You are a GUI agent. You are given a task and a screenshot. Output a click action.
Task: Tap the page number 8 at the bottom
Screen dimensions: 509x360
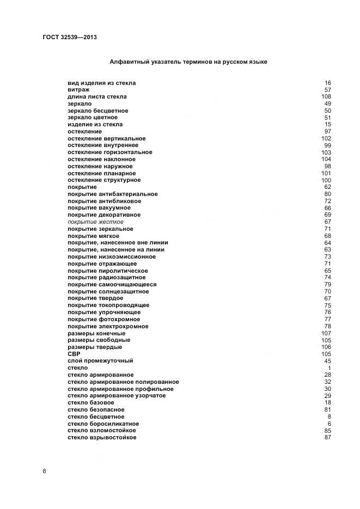click(x=44, y=471)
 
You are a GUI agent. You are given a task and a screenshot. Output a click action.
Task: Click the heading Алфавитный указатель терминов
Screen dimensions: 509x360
click(x=188, y=62)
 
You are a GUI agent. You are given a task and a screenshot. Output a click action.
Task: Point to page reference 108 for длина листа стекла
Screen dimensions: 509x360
click(x=326, y=97)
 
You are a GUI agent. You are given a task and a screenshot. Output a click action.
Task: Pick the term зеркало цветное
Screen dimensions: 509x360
click(x=93, y=118)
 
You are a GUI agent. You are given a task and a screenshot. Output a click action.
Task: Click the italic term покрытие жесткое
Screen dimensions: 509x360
click(x=95, y=222)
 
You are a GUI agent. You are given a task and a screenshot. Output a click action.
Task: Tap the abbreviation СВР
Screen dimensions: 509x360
click(x=74, y=354)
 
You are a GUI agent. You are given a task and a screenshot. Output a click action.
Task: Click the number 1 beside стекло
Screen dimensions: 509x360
click(x=330, y=368)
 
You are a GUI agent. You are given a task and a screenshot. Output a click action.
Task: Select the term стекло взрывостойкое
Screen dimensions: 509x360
click(x=102, y=438)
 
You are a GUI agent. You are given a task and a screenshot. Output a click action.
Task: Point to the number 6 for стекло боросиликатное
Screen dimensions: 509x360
click(x=330, y=424)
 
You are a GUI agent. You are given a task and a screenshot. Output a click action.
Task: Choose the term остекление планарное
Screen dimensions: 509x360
click(x=101, y=173)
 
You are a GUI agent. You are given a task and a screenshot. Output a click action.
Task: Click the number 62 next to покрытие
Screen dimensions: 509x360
click(x=328, y=187)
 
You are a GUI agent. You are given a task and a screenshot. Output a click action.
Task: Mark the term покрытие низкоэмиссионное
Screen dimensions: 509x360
click(x=112, y=257)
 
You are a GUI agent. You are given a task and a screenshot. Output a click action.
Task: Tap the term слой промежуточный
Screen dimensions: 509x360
click(x=100, y=361)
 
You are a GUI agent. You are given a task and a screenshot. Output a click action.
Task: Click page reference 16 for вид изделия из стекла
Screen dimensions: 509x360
click(x=328, y=83)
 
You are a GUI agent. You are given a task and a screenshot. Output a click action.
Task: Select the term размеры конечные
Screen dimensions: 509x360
click(x=96, y=333)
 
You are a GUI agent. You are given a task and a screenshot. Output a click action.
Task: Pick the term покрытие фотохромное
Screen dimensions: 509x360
click(x=104, y=320)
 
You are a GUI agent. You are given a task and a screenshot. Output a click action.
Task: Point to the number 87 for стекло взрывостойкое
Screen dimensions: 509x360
click(x=328, y=438)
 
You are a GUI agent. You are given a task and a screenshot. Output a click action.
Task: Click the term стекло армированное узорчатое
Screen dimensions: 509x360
click(x=117, y=396)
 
